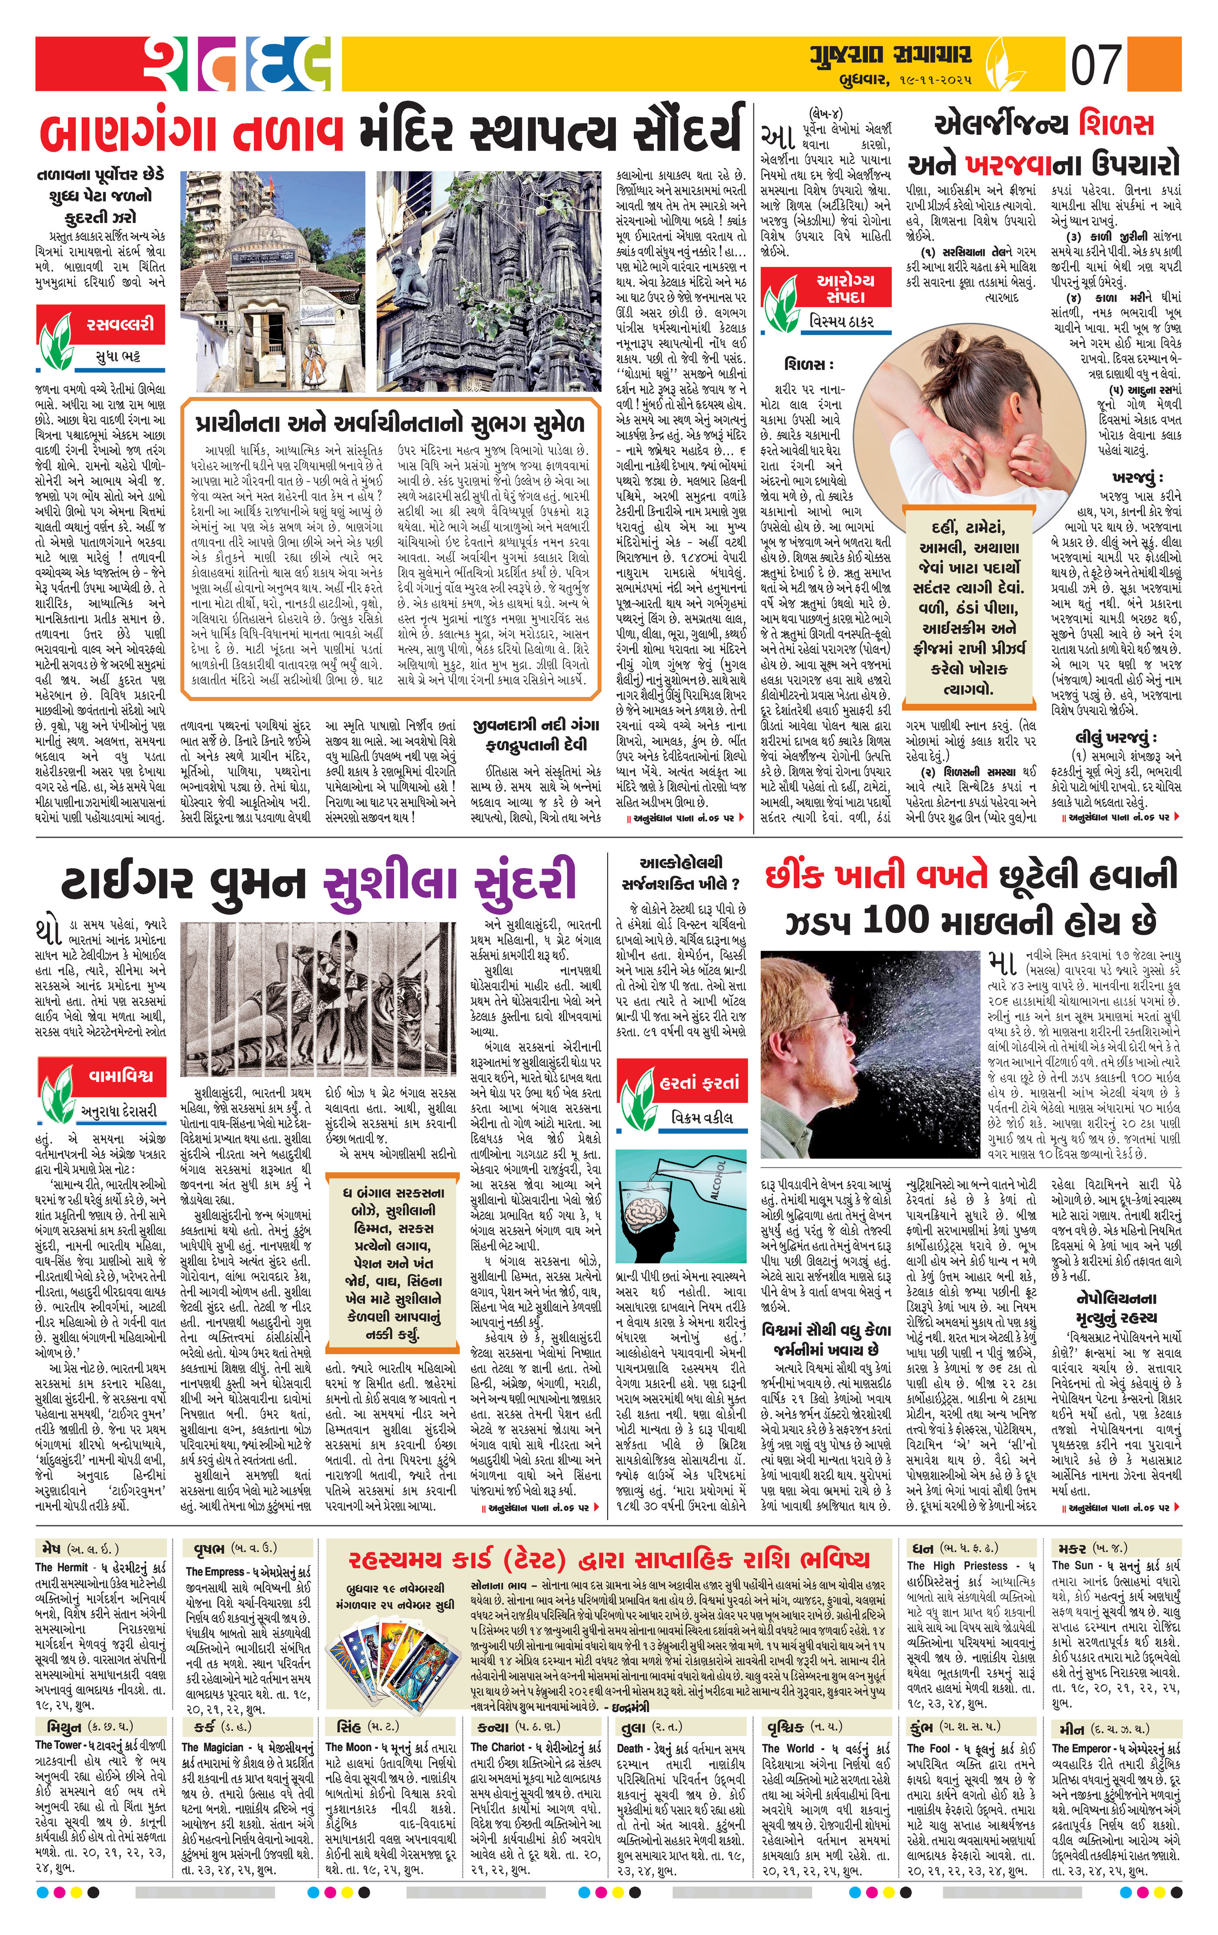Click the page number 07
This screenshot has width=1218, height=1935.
click(1097, 66)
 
